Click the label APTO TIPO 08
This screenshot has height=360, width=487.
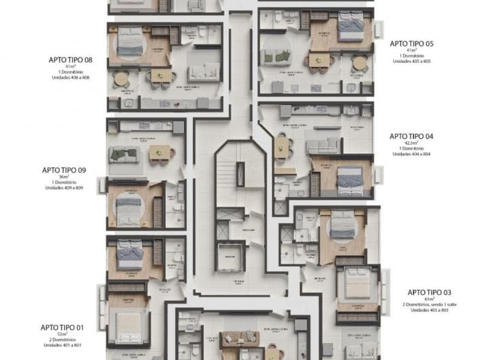click(x=70, y=60)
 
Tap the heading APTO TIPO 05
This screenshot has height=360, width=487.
click(x=411, y=43)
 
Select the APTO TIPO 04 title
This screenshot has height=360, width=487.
click(x=411, y=136)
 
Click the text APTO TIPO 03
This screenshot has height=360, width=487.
click(x=429, y=292)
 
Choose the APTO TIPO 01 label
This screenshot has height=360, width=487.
click(x=62, y=327)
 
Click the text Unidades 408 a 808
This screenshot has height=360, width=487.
click(x=70, y=78)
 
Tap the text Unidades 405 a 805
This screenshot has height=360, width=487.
click(x=411, y=62)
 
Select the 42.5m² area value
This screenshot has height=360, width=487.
click(x=411, y=143)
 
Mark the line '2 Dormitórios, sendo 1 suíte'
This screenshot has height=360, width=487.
click(x=429, y=305)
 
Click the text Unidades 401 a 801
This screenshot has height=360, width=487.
click(x=62, y=345)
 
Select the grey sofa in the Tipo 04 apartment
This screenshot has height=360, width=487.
click(x=323, y=145)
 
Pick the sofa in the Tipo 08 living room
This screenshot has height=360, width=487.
click(x=203, y=72)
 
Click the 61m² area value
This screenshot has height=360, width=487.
click(x=429, y=298)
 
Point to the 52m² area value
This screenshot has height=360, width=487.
click(x=62, y=334)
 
